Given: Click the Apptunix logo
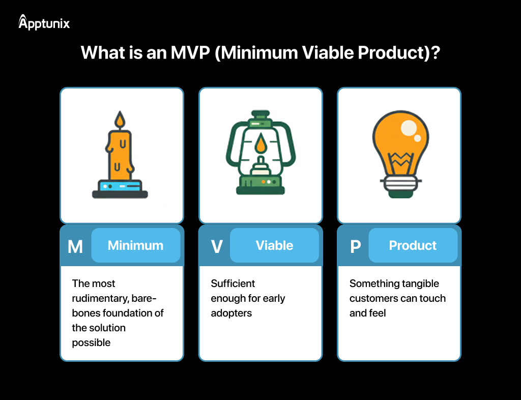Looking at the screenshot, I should point(44,22).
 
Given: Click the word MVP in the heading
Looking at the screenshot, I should point(187,53).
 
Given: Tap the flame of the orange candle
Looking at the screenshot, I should point(120,120).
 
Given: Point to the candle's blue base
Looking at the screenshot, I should point(120,186).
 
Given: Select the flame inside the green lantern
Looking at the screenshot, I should point(260,144).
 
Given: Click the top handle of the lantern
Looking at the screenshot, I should point(260,114).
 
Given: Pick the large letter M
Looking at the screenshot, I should point(75,246).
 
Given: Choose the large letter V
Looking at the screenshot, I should point(217,246).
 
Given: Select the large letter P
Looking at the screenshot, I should point(355,246).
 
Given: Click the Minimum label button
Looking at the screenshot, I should point(135,245).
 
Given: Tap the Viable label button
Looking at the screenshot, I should point(274,245).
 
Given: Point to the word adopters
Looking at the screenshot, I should point(231,313).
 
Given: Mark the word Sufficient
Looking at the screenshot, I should point(233,283).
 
